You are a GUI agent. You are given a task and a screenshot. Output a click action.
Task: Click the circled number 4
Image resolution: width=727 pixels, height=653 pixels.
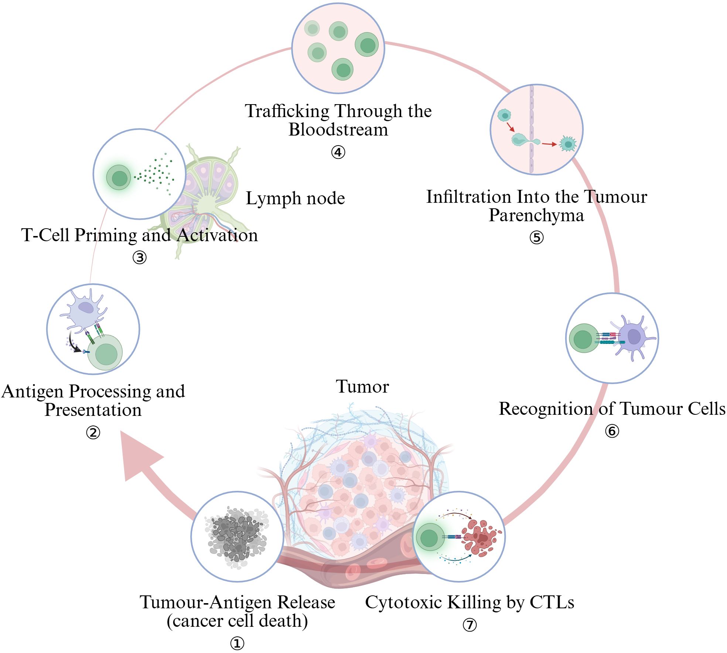338,152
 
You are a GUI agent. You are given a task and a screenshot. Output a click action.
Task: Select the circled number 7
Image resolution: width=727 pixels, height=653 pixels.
470,625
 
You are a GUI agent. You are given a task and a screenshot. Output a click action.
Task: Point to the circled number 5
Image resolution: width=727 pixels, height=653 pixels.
536,237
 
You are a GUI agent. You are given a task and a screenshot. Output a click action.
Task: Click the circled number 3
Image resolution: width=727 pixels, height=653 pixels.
140,257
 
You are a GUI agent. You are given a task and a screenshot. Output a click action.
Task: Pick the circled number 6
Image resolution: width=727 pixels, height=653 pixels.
612,431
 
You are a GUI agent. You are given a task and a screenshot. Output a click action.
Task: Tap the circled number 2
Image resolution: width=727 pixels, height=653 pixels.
93,433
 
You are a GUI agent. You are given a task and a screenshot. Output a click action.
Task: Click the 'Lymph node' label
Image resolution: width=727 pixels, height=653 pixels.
295,198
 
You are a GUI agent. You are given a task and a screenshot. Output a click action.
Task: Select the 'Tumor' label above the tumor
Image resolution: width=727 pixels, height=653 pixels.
362,387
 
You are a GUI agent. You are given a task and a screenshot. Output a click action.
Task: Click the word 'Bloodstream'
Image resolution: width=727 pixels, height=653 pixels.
338,130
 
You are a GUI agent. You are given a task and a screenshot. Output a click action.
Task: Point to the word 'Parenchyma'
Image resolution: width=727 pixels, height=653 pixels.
536,215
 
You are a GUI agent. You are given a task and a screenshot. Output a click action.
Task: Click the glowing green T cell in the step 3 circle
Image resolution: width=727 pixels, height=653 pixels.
119,178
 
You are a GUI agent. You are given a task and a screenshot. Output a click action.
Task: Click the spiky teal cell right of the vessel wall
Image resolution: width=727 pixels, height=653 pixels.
568,144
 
